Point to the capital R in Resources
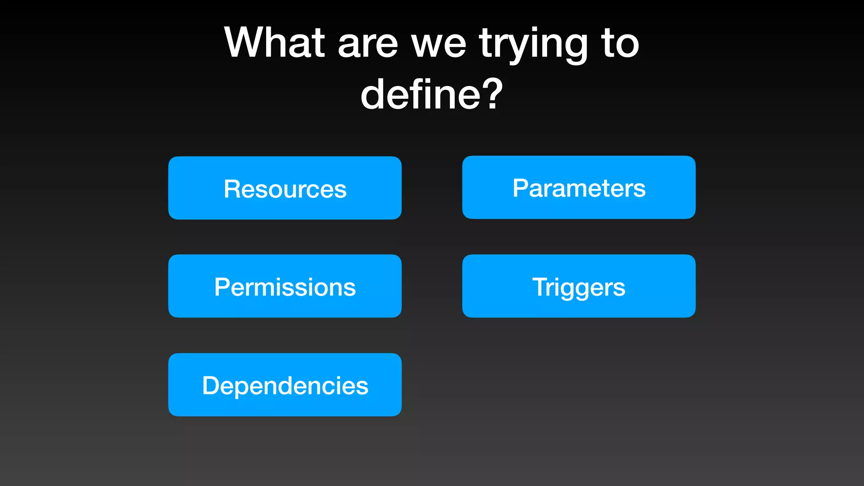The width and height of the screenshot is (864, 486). (x=232, y=189)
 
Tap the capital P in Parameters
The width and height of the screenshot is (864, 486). (x=521, y=188)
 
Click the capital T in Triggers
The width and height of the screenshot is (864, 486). (x=541, y=287)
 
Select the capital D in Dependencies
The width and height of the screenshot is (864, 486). (x=211, y=385)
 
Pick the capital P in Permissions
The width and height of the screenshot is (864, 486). (x=223, y=287)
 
